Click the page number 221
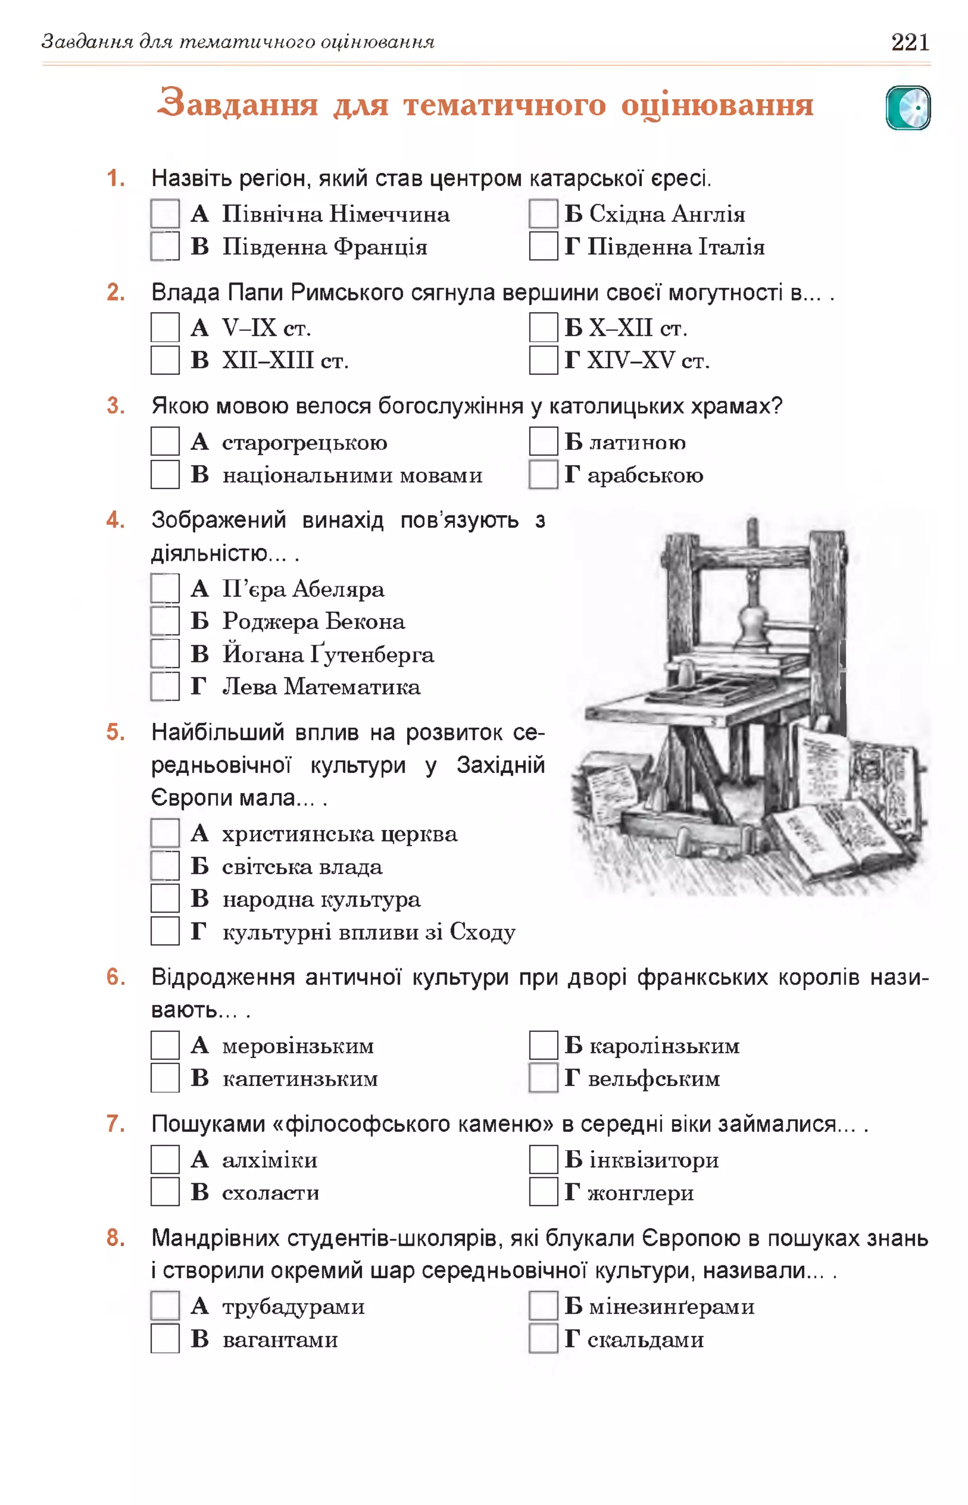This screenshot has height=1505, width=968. pos(909,42)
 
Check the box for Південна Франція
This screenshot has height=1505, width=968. pos(164,246)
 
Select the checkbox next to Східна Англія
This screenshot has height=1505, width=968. pos(543,214)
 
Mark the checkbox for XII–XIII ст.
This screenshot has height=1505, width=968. pos(164,360)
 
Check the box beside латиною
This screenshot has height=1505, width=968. pos(543,441)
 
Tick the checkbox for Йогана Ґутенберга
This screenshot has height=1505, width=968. pos(164,654)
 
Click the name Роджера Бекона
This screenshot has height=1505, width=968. pos(313,621)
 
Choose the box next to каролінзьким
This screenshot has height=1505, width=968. pos(543,1045)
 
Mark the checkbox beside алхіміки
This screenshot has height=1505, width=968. pos(164,1160)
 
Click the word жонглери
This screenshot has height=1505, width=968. pos(640,1193)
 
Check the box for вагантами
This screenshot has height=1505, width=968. pos(164,1339)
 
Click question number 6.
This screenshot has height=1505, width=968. pos(115,977)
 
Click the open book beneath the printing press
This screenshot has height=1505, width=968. pos(830,836)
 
